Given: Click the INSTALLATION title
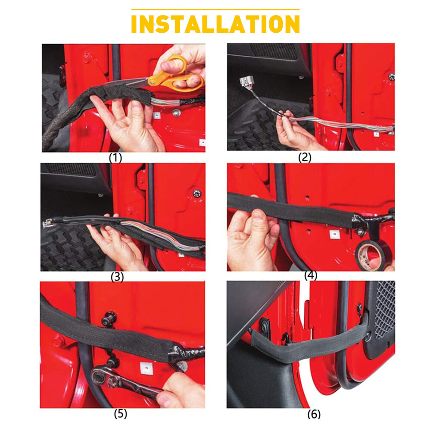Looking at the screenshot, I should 215,25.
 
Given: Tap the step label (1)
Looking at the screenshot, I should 115,158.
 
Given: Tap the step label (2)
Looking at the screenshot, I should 305,157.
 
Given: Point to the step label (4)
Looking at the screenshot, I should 310,275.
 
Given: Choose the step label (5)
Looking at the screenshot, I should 120,414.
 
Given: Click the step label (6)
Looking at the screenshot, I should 314,414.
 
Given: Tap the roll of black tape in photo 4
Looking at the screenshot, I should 370,256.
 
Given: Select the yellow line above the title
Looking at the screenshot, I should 215,9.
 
